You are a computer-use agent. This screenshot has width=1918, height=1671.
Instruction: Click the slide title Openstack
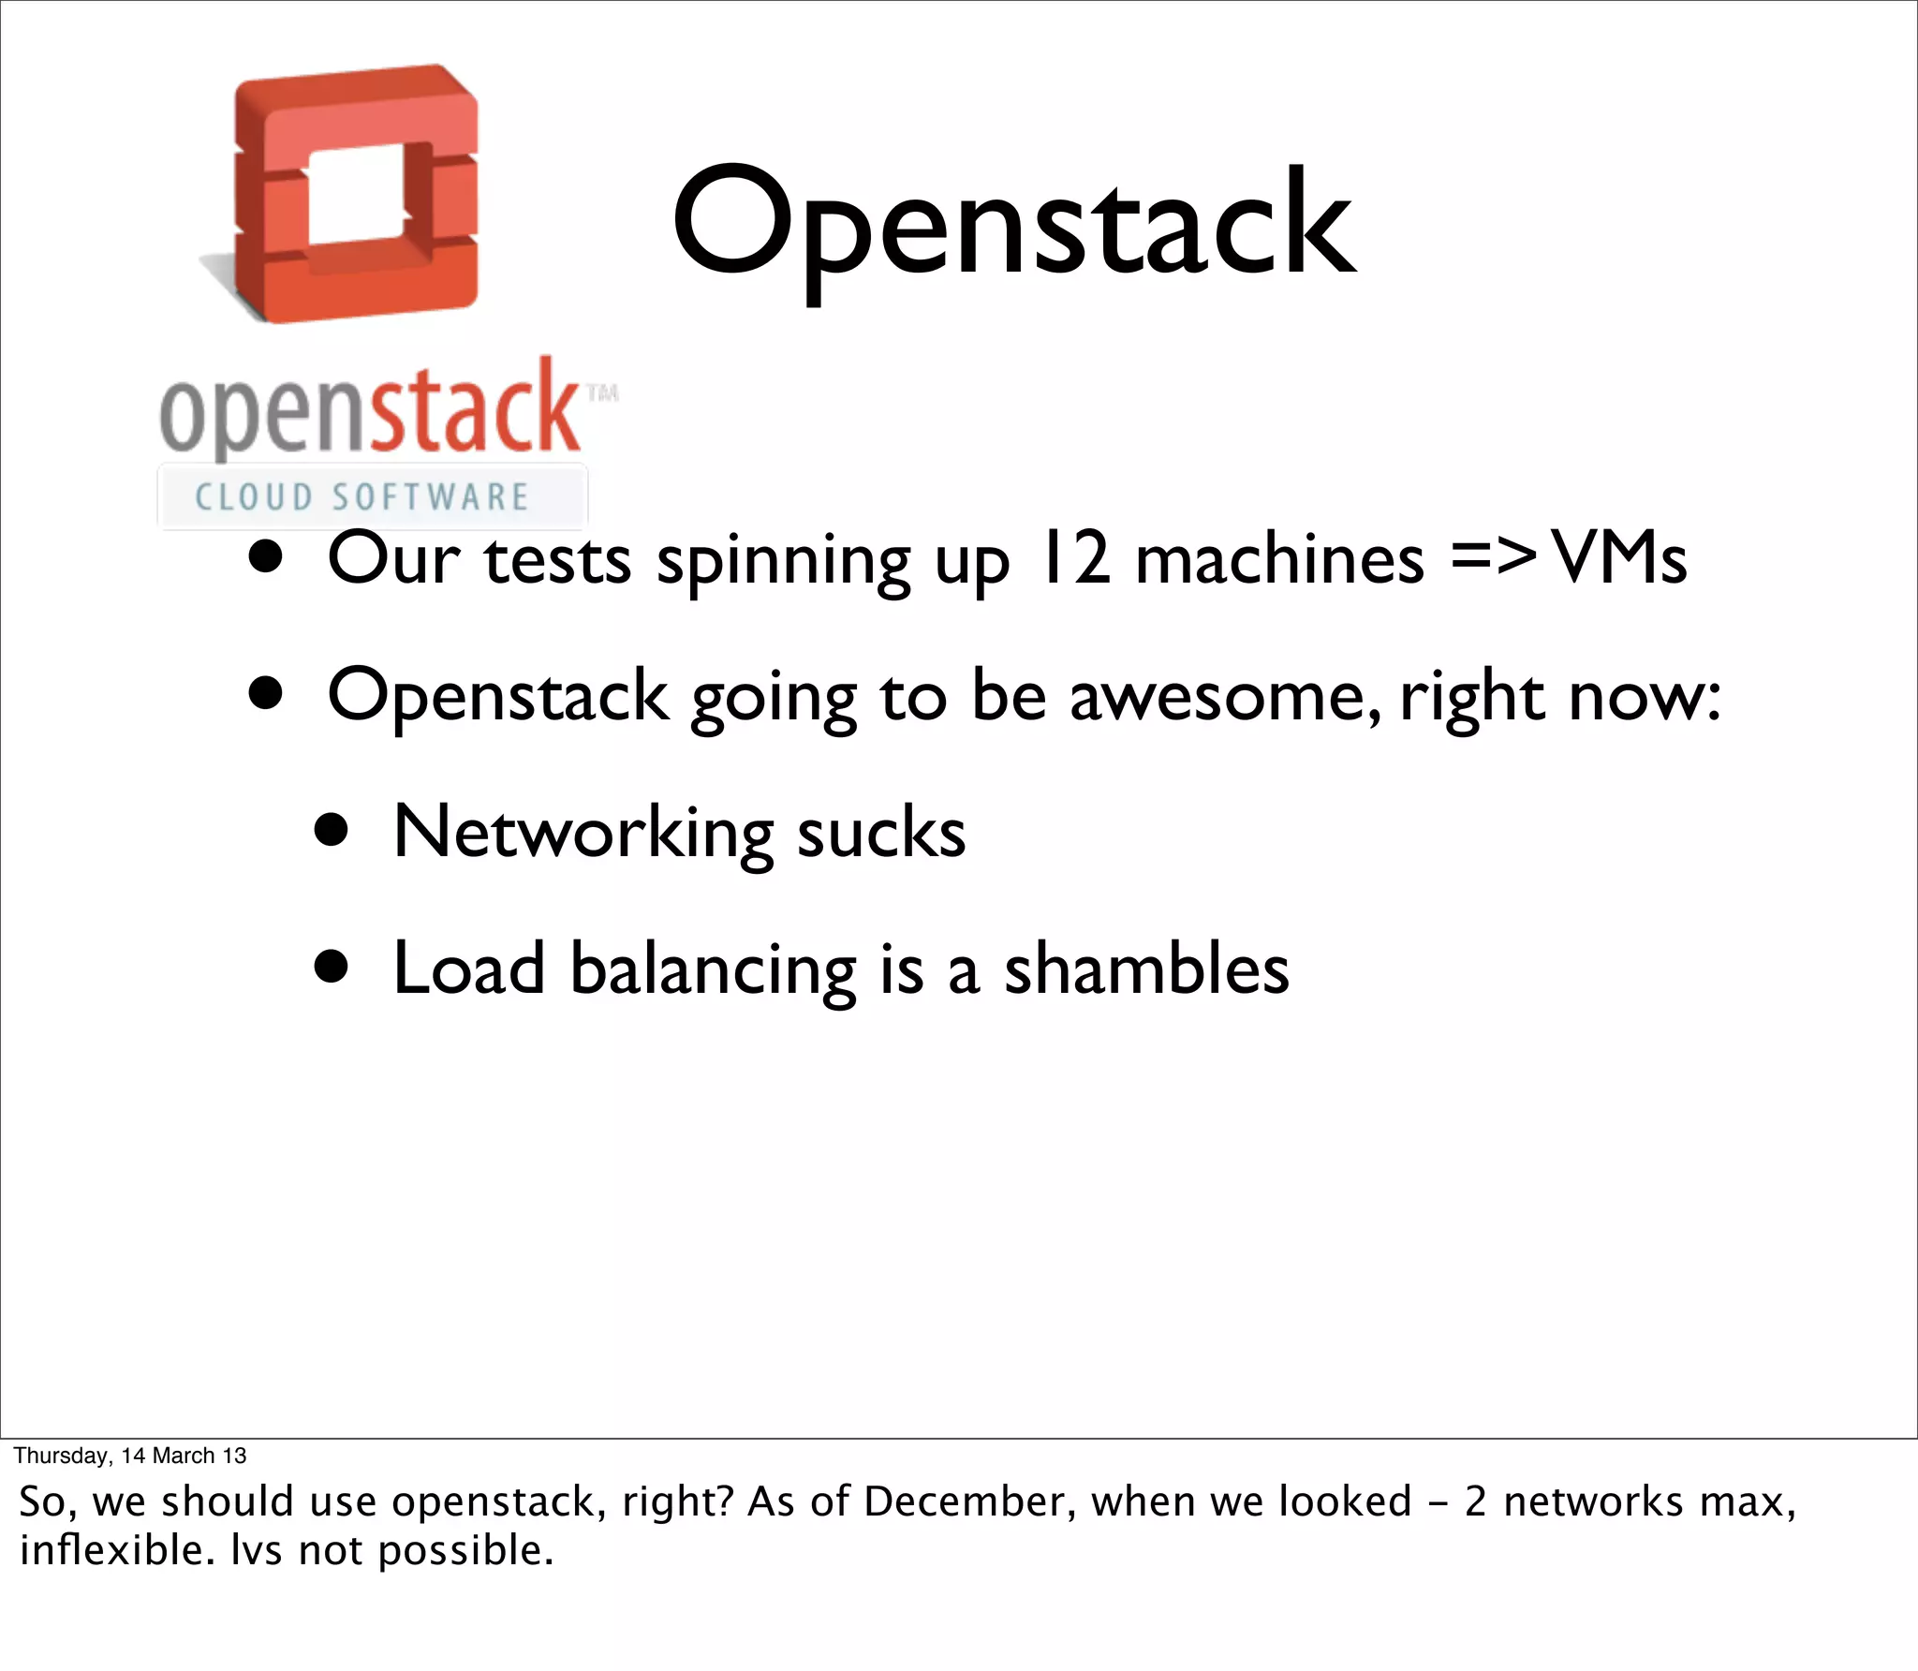click(x=1013, y=225)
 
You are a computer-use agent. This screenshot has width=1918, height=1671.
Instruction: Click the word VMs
click(x=1620, y=558)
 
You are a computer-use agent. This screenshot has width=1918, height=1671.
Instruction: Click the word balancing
click(x=713, y=970)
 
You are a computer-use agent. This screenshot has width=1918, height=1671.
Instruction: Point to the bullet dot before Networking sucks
click(x=332, y=830)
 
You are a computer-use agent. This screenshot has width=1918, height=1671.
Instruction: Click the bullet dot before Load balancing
click(x=332, y=967)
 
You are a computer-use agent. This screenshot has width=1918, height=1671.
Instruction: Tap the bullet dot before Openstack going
click(x=266, y=694)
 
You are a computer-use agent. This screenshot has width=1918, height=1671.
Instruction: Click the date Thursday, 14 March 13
click(x=130, y=1456)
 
